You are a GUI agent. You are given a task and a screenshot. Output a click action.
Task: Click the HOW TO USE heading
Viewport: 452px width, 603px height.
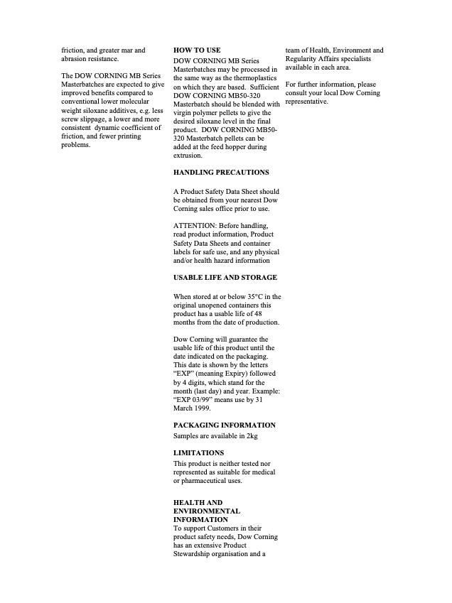[x=197, y=50]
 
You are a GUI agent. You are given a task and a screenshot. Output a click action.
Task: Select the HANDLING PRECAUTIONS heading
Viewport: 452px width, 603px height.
[x=221, y=173]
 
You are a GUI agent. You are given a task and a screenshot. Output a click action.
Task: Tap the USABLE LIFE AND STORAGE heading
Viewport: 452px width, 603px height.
[x=225, y=278]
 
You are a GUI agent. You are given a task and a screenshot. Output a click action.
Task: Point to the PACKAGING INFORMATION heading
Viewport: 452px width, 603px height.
[x=225, y=425]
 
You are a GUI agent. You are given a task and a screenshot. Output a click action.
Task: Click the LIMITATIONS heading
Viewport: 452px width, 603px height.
[x=198, y=452]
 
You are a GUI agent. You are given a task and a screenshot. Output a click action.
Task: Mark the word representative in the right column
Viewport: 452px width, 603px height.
[x=306, y=102]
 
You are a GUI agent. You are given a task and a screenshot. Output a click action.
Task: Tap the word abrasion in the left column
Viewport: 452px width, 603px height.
[x=75, y=59]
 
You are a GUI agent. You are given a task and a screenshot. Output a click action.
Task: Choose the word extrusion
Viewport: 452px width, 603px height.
[x=188, y=156]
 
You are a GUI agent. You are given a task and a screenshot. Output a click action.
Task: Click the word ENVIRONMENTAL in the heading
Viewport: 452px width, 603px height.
[x=207, y=511]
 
